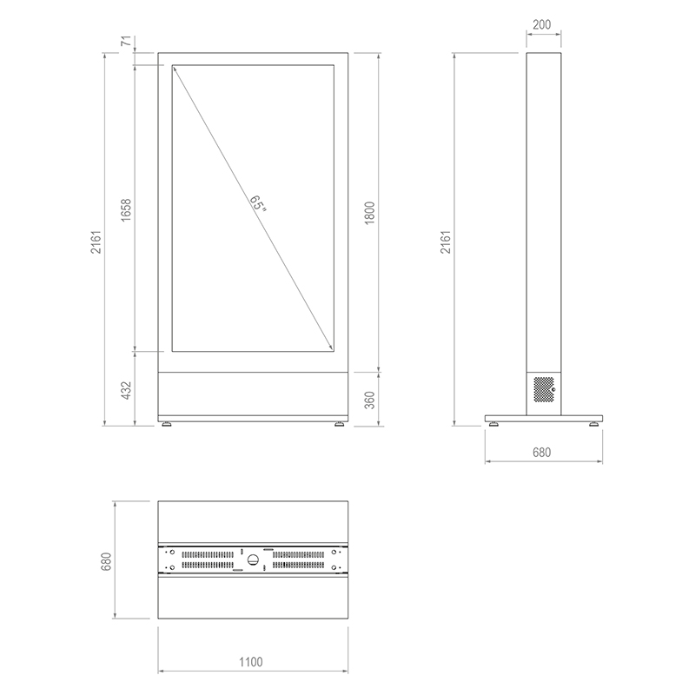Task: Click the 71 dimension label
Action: point(126,41)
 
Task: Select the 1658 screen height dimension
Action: point(126,210)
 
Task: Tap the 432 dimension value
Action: point(126,390)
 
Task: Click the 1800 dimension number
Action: point(370,213)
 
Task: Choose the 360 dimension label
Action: point(370,400)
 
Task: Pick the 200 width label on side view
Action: point(541,24)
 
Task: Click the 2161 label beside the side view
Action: point(446,242)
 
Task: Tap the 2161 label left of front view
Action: point(96,242)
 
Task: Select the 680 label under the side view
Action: point(541,452)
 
